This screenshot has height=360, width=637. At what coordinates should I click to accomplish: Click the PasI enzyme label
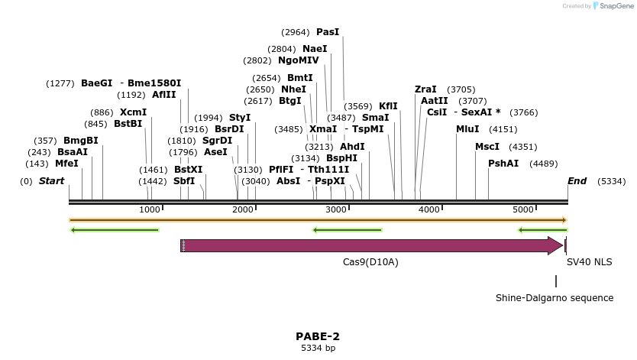tap(328, 32)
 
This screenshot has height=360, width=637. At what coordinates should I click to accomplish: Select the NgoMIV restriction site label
tap(299, 60)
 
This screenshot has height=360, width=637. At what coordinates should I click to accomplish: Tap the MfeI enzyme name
tap(66, 163)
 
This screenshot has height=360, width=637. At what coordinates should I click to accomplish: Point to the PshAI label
tap(503, 163)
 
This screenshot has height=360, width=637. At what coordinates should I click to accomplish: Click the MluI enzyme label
tap(467, 129)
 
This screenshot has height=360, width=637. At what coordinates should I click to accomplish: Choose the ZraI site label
tap(425, 89)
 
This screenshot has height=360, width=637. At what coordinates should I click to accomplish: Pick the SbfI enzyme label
tap(184, 181)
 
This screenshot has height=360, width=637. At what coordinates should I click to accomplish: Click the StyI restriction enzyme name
tap(240, 118)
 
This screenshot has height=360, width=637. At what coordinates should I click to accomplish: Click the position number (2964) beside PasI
tap(296, 32)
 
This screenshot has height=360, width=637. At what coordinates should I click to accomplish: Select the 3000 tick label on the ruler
tap(336, 209)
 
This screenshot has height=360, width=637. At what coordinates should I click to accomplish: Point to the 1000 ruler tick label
tap(150, 209)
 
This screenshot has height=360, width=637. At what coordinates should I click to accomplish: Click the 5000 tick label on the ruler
tap(523, 209)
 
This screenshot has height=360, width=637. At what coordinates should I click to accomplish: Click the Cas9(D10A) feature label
tap(370, 261)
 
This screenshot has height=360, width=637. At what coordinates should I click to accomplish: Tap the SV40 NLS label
tap(589, 261)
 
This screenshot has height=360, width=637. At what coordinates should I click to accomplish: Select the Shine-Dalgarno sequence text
tap(555, 298)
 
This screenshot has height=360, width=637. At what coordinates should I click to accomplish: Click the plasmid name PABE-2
tap(318, 336)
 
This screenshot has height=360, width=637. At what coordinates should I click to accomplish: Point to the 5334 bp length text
tap(318, 349)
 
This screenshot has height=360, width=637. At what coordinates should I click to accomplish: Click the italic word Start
tap(51, 181)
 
